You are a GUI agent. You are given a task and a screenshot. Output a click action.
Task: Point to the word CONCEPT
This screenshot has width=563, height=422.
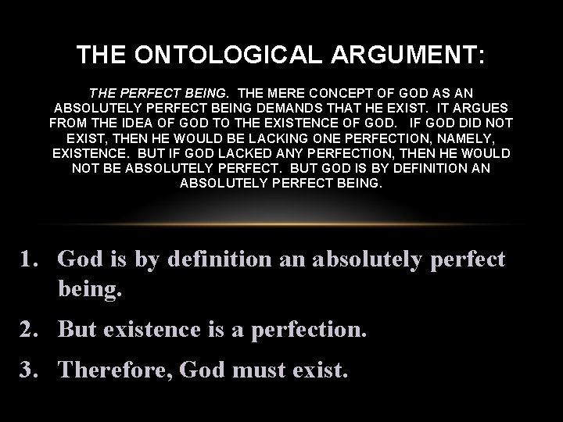[350, 92]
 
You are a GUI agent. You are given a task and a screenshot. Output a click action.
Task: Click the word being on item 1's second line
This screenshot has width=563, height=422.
[90, 290]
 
